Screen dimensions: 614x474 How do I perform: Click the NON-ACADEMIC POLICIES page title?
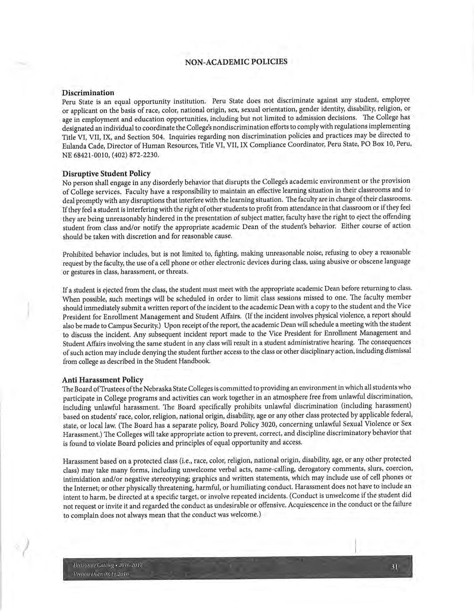pos(236,61)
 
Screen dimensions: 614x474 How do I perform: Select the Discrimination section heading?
pos(88,92)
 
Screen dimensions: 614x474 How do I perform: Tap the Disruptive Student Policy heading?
pos(106,173)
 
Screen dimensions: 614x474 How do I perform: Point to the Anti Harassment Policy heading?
pos(103,380)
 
